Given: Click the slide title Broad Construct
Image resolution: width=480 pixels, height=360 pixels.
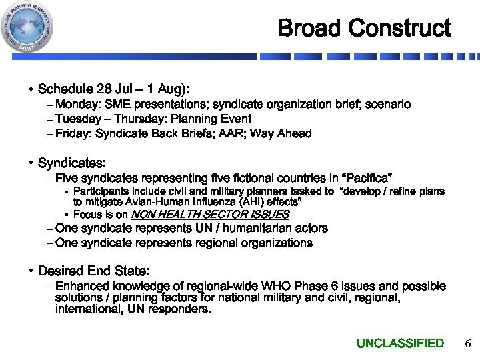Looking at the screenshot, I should pos(364,28).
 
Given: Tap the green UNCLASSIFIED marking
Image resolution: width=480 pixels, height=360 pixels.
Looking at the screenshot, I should pos(400,343).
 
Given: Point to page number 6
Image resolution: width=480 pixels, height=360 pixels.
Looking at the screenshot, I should pos(467,343).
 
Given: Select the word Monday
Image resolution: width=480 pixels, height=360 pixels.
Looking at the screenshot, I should pos(75,105).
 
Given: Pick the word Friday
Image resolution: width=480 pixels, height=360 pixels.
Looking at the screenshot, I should pos(72,134).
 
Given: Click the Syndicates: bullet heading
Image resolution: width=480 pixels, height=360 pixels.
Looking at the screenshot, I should pos(72,163).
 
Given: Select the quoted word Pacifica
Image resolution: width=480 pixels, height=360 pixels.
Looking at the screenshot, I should pos(365,178).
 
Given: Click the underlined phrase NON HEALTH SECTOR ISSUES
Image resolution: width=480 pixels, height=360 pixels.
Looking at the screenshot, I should pos(210,215).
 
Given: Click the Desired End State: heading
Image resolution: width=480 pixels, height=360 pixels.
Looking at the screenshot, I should pos(93,271).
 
